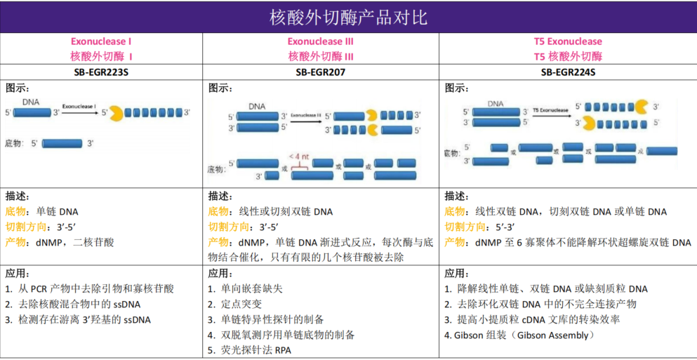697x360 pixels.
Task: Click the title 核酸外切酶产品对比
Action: tap(348, 16)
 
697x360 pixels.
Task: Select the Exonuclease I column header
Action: tap(101, 41)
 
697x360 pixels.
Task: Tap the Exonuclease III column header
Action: tap(320, 41)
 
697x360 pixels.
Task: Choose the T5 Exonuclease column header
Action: tap(568, 41)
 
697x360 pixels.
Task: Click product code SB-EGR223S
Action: tap(101, 72)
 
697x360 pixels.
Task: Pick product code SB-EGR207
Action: tap(320, 72)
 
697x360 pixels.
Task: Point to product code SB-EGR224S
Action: tap(568, 72)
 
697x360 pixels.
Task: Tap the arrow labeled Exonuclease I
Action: tap(79, 111)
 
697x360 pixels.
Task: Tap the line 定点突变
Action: tap(234, 304)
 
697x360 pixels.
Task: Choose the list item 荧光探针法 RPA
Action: tap(248, 350)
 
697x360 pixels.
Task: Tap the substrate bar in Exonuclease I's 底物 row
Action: tap(63, 143)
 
